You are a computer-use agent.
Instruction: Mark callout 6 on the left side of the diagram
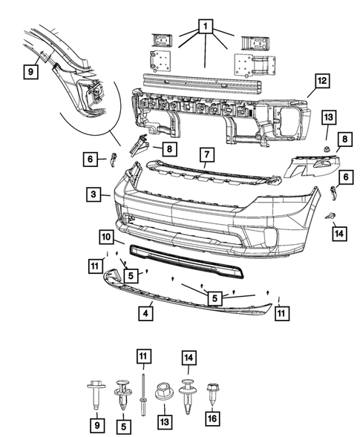tap(88, 159)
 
